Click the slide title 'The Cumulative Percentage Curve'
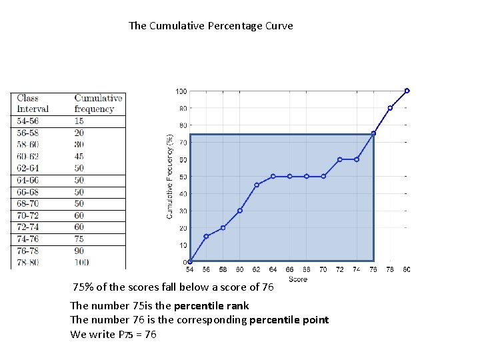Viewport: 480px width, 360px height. (x=211, y=26)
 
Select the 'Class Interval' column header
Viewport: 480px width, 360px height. (x=33, y=103)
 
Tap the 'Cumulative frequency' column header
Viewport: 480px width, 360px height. (x=99, y=103)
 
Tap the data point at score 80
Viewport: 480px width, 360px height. (x=407, y=91)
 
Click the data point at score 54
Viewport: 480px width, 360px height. (x=190, y=261)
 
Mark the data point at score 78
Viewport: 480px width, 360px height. (x=390, y=108)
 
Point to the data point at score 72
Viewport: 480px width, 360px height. (x=340, y=159)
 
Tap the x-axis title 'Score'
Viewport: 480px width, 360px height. (x=298, y=279)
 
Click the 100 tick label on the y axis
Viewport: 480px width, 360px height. (x=181, y=91)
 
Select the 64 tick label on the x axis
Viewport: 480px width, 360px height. (x=273, y=270)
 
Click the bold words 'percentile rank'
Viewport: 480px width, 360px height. (x=211, y=306)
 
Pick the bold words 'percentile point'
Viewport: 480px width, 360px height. (x=289, y=320)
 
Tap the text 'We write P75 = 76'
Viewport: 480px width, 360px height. (x=113, y=335)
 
